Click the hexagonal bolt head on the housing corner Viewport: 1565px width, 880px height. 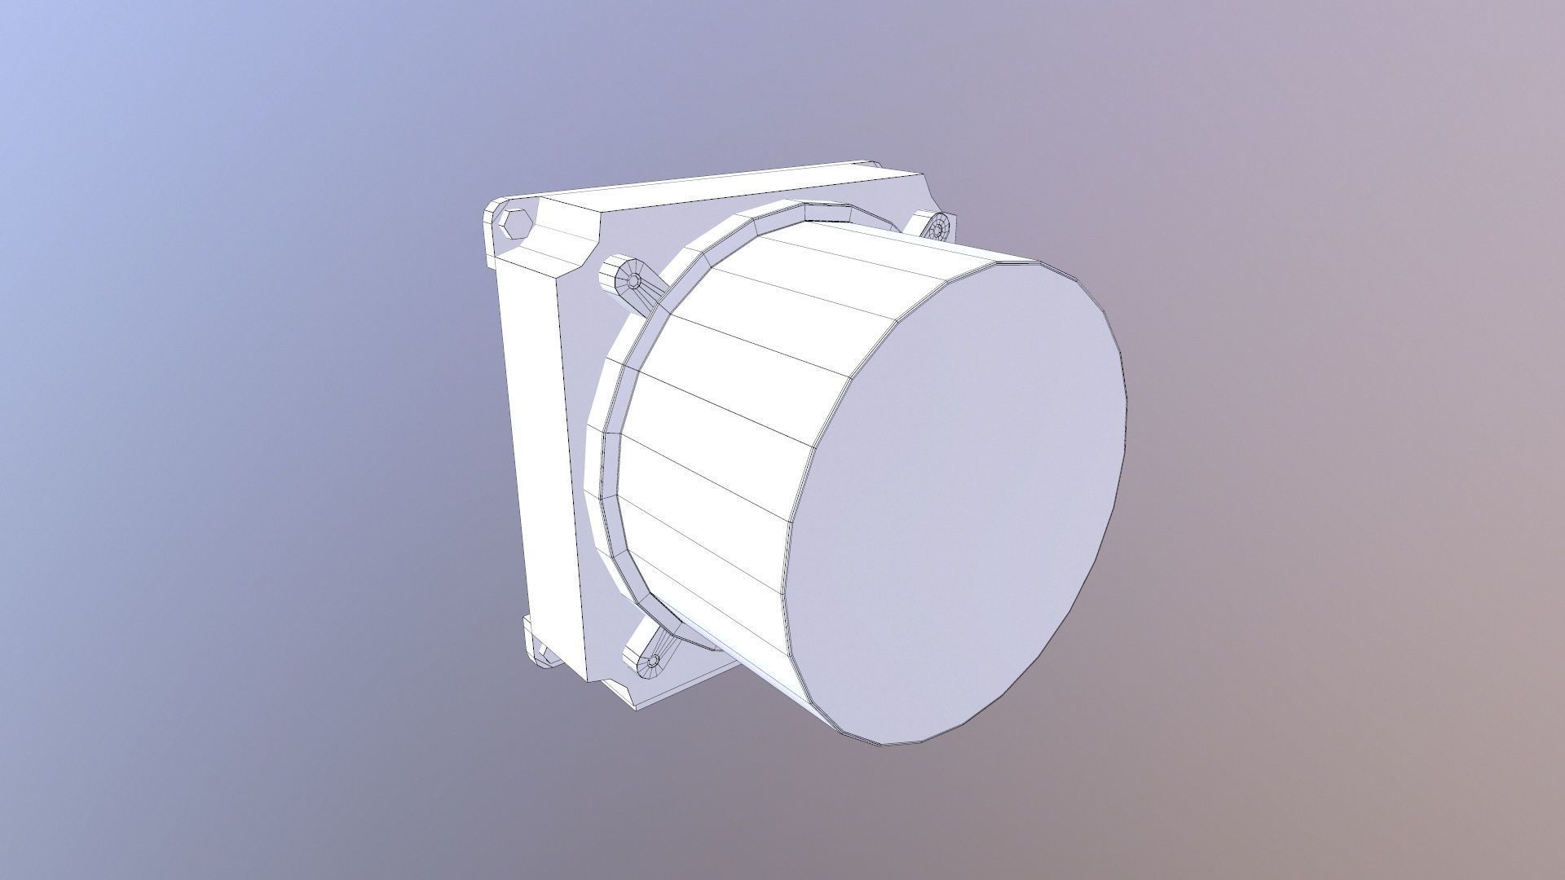[514, 222]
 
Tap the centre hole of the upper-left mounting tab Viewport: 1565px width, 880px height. [634, 282]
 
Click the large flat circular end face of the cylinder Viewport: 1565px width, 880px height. [962, 489]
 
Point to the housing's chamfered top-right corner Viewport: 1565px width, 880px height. [929, 191]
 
